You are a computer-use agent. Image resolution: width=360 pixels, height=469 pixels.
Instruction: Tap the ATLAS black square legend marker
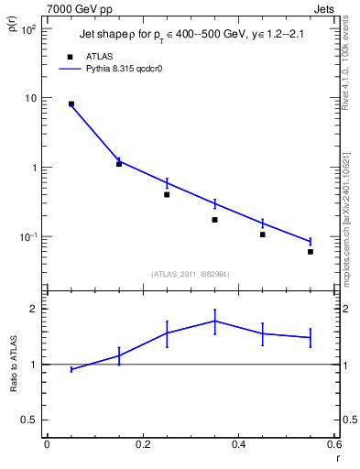tap(70, 56)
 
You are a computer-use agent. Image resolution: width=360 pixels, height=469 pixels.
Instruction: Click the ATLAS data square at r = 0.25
tap(167, 194)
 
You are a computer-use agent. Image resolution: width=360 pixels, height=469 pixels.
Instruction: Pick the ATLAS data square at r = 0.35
tap(214, 220)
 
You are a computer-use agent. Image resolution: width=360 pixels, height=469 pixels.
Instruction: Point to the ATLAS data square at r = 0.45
tap(262, 234)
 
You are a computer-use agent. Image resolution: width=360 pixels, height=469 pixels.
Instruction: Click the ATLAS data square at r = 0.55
tap(311, 252)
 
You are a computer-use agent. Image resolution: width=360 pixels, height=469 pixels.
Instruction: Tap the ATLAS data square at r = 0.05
tap(71, 104)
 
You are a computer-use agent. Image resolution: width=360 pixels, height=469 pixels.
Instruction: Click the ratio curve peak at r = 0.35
tap(214, 321)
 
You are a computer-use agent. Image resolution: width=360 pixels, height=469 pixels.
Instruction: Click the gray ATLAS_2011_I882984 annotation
tap(190, 273)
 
